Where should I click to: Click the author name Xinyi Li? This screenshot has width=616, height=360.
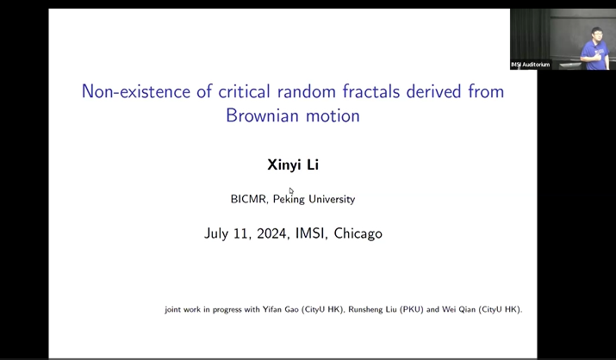[x=292, y=164]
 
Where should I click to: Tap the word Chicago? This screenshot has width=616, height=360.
[x=358, y=233]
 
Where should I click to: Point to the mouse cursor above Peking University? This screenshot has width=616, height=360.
[x=291, y=190]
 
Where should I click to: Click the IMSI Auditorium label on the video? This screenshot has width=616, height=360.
[x=530, y=65]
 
